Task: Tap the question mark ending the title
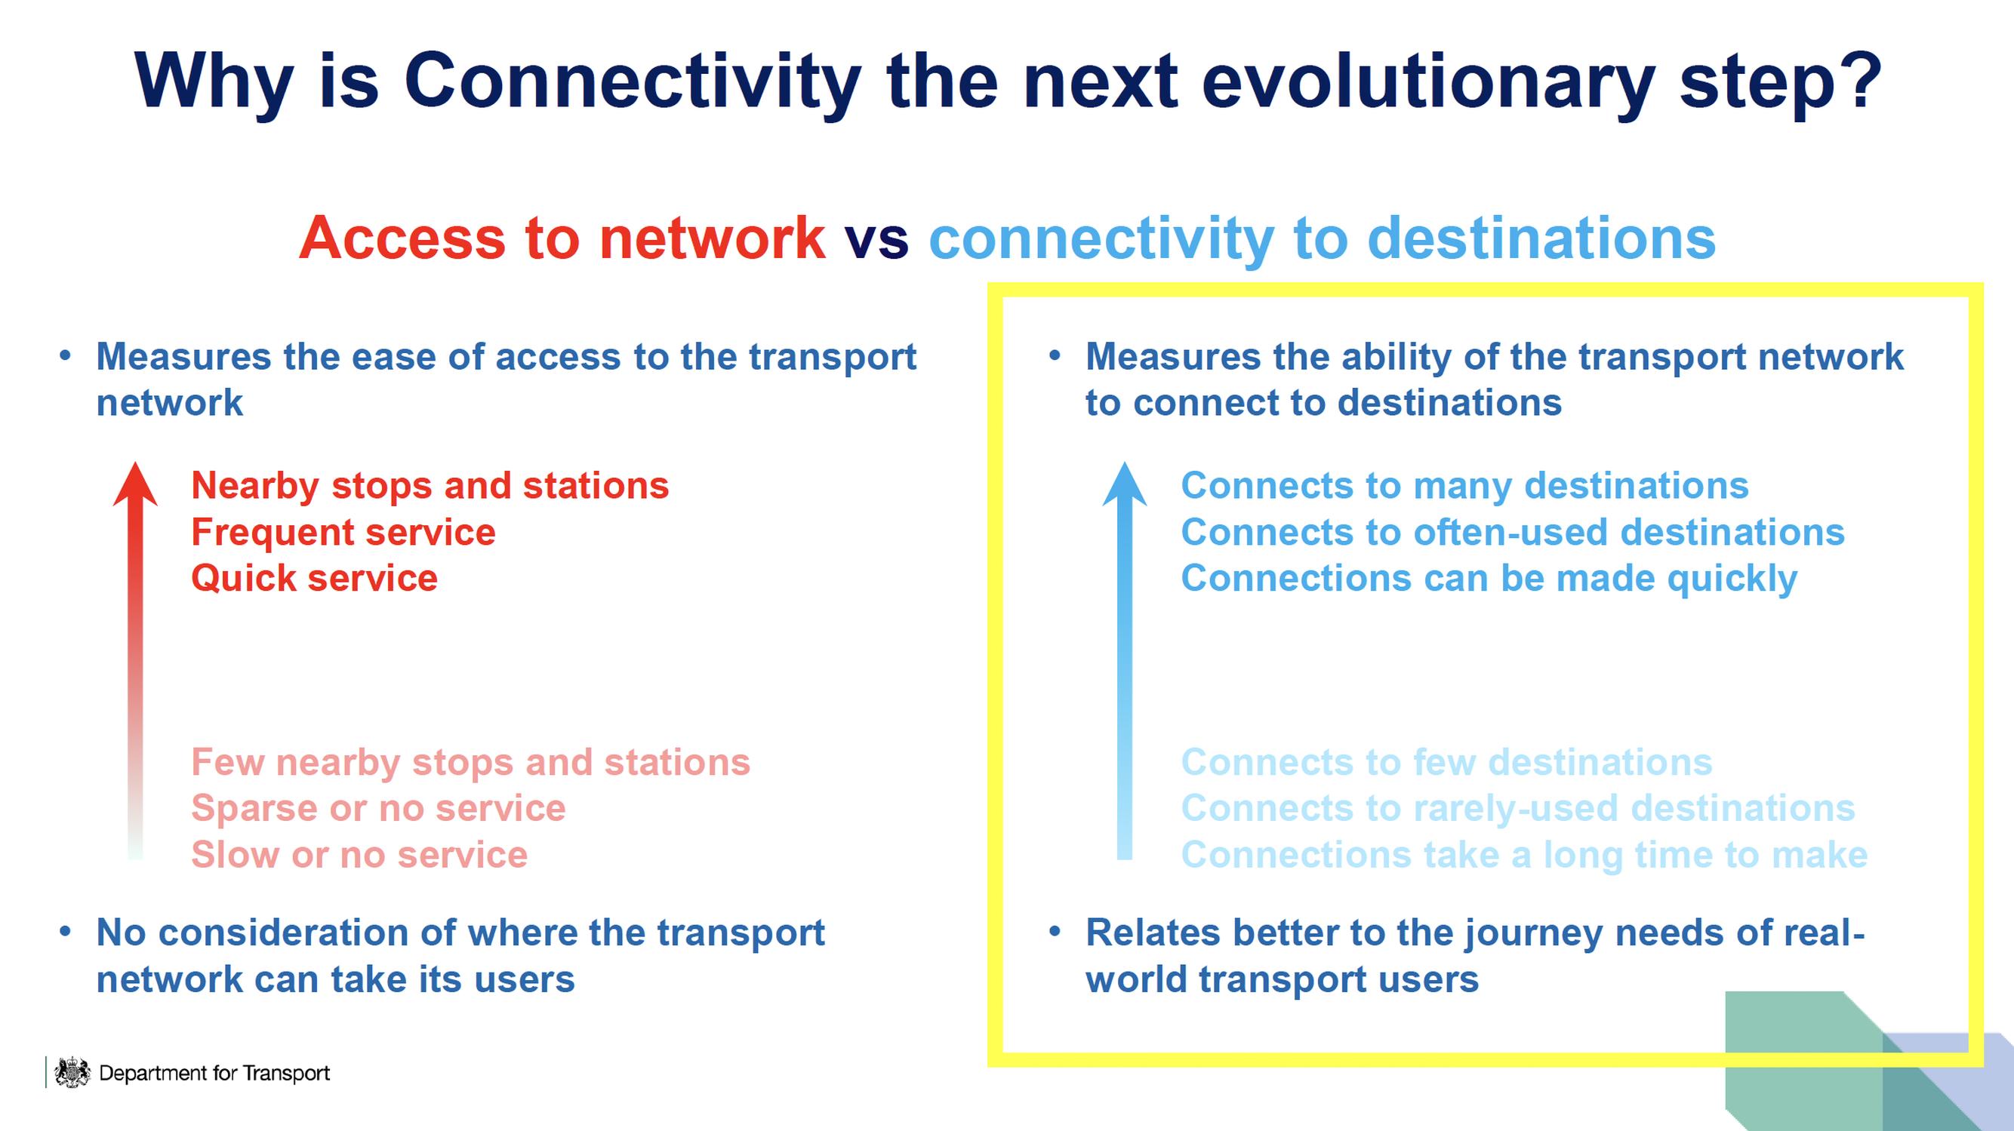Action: pos(1858,81)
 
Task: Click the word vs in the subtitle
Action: pos(876,238)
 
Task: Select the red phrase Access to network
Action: pos(562,238)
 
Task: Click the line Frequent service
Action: pos(343,532)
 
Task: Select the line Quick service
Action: pos(314,579)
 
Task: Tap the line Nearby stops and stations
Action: pos(430,485)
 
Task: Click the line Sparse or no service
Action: pos(377,808)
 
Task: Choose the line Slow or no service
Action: pos(359,854)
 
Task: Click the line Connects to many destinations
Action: pos(1464,485)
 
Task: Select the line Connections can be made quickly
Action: pos(1489,579)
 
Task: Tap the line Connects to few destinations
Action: pos(1446,762)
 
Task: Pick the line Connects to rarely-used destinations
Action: pos(1517,808)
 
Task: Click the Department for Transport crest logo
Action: pos(72,1071)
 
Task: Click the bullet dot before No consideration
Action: pos(66,932)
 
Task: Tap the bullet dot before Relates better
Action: pos(1055,932)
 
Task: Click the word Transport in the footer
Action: pos(286,1073)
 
